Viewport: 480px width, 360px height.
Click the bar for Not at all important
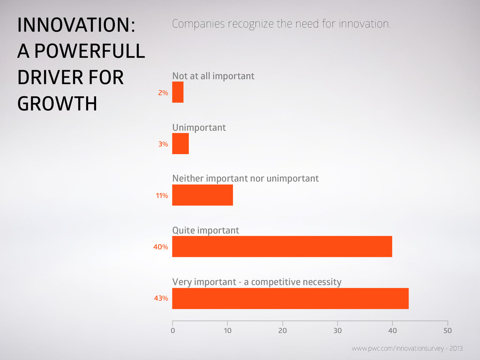(178, 92)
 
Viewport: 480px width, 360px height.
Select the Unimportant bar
(180, 143)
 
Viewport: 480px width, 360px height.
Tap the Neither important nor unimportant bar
(202, 195)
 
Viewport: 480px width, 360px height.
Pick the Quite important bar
(282, 247)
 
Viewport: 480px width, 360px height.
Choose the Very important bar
(291, 299)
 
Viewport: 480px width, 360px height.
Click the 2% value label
(163, 93)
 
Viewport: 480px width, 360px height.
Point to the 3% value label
(163, 144)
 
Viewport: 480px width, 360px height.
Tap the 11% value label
(162, 195)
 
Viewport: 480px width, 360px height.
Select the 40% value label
(161, 247)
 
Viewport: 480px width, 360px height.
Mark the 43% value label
(161, 298)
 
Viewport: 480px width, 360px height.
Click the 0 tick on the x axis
(173, 330)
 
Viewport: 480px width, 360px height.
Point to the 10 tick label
(227, 330)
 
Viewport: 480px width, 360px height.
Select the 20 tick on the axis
(283, 330)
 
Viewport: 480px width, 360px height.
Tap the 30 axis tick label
(337, 330)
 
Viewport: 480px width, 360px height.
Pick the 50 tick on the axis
(448, 330)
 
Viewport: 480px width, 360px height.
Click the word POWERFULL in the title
(90, 51)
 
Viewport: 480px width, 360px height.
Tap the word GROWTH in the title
(57, 104)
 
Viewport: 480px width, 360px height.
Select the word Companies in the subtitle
(198, 24)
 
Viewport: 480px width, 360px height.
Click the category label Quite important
(206, 230)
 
